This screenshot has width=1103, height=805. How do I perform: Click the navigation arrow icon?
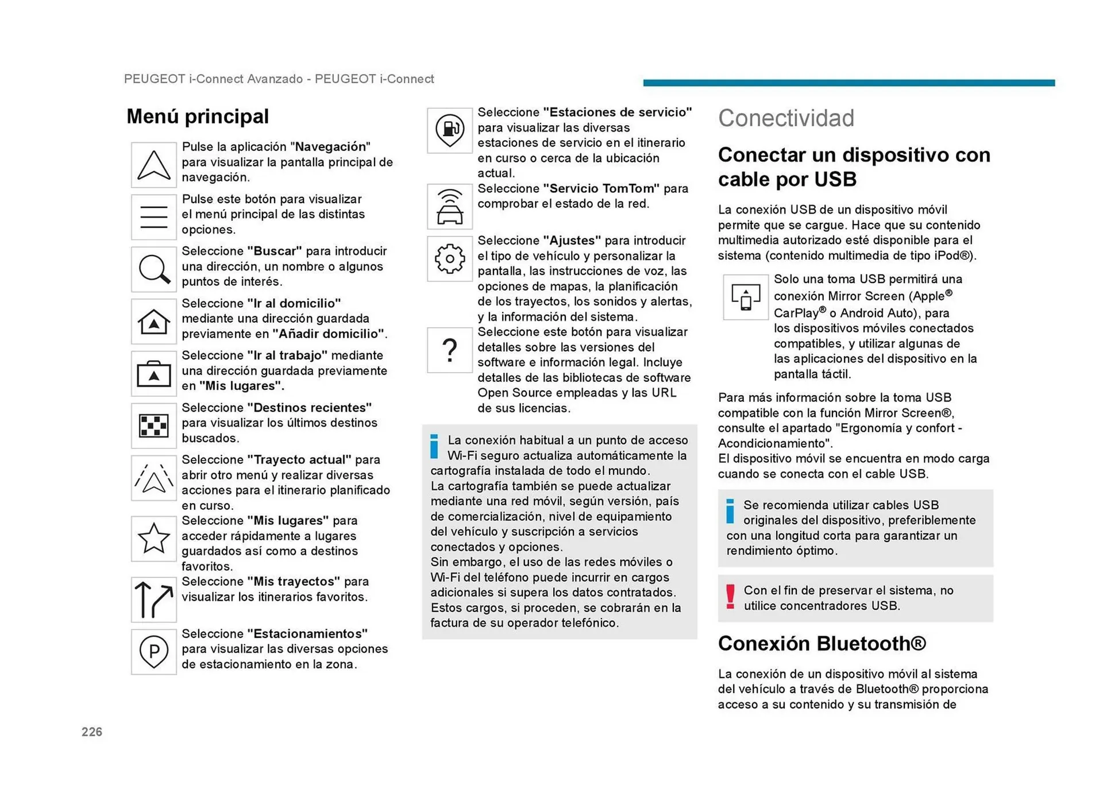(x=153, y=165)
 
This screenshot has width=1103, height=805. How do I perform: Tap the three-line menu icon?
(x=153, y=217)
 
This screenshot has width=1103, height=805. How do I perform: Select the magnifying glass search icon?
(x=153, y=269)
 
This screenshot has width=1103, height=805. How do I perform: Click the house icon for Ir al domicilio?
(x=153, y=322)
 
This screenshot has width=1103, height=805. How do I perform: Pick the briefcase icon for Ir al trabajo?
(x=153, y=374)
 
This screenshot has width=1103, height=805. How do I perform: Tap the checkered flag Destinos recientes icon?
(x=153, y=426)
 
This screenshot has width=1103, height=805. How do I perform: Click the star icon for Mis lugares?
(x=153, y=539)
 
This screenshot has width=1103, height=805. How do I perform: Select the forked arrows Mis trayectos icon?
(x=153, y=599)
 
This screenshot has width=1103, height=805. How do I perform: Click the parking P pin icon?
(x=153, y=652)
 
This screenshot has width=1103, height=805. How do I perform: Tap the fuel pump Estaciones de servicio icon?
(x=450, y=130)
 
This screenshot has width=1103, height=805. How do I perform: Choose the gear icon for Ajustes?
(x=450, y=259)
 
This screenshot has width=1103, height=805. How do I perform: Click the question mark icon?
(x=450, y=350)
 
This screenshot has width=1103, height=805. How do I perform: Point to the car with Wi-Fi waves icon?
(x=450, y=207)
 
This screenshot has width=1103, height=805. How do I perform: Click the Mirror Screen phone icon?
(x=746, y=297)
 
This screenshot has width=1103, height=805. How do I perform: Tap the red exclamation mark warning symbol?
(x=730, y=597)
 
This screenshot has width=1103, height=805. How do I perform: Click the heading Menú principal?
(x=198, y=117)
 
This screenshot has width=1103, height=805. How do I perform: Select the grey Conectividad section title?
(x=786, y=118)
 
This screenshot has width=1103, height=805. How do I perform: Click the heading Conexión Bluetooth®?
(x=822, y=644)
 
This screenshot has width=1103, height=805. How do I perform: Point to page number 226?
(x=92, y=732)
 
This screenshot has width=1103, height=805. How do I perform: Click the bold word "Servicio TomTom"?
(x=601, y=189)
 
